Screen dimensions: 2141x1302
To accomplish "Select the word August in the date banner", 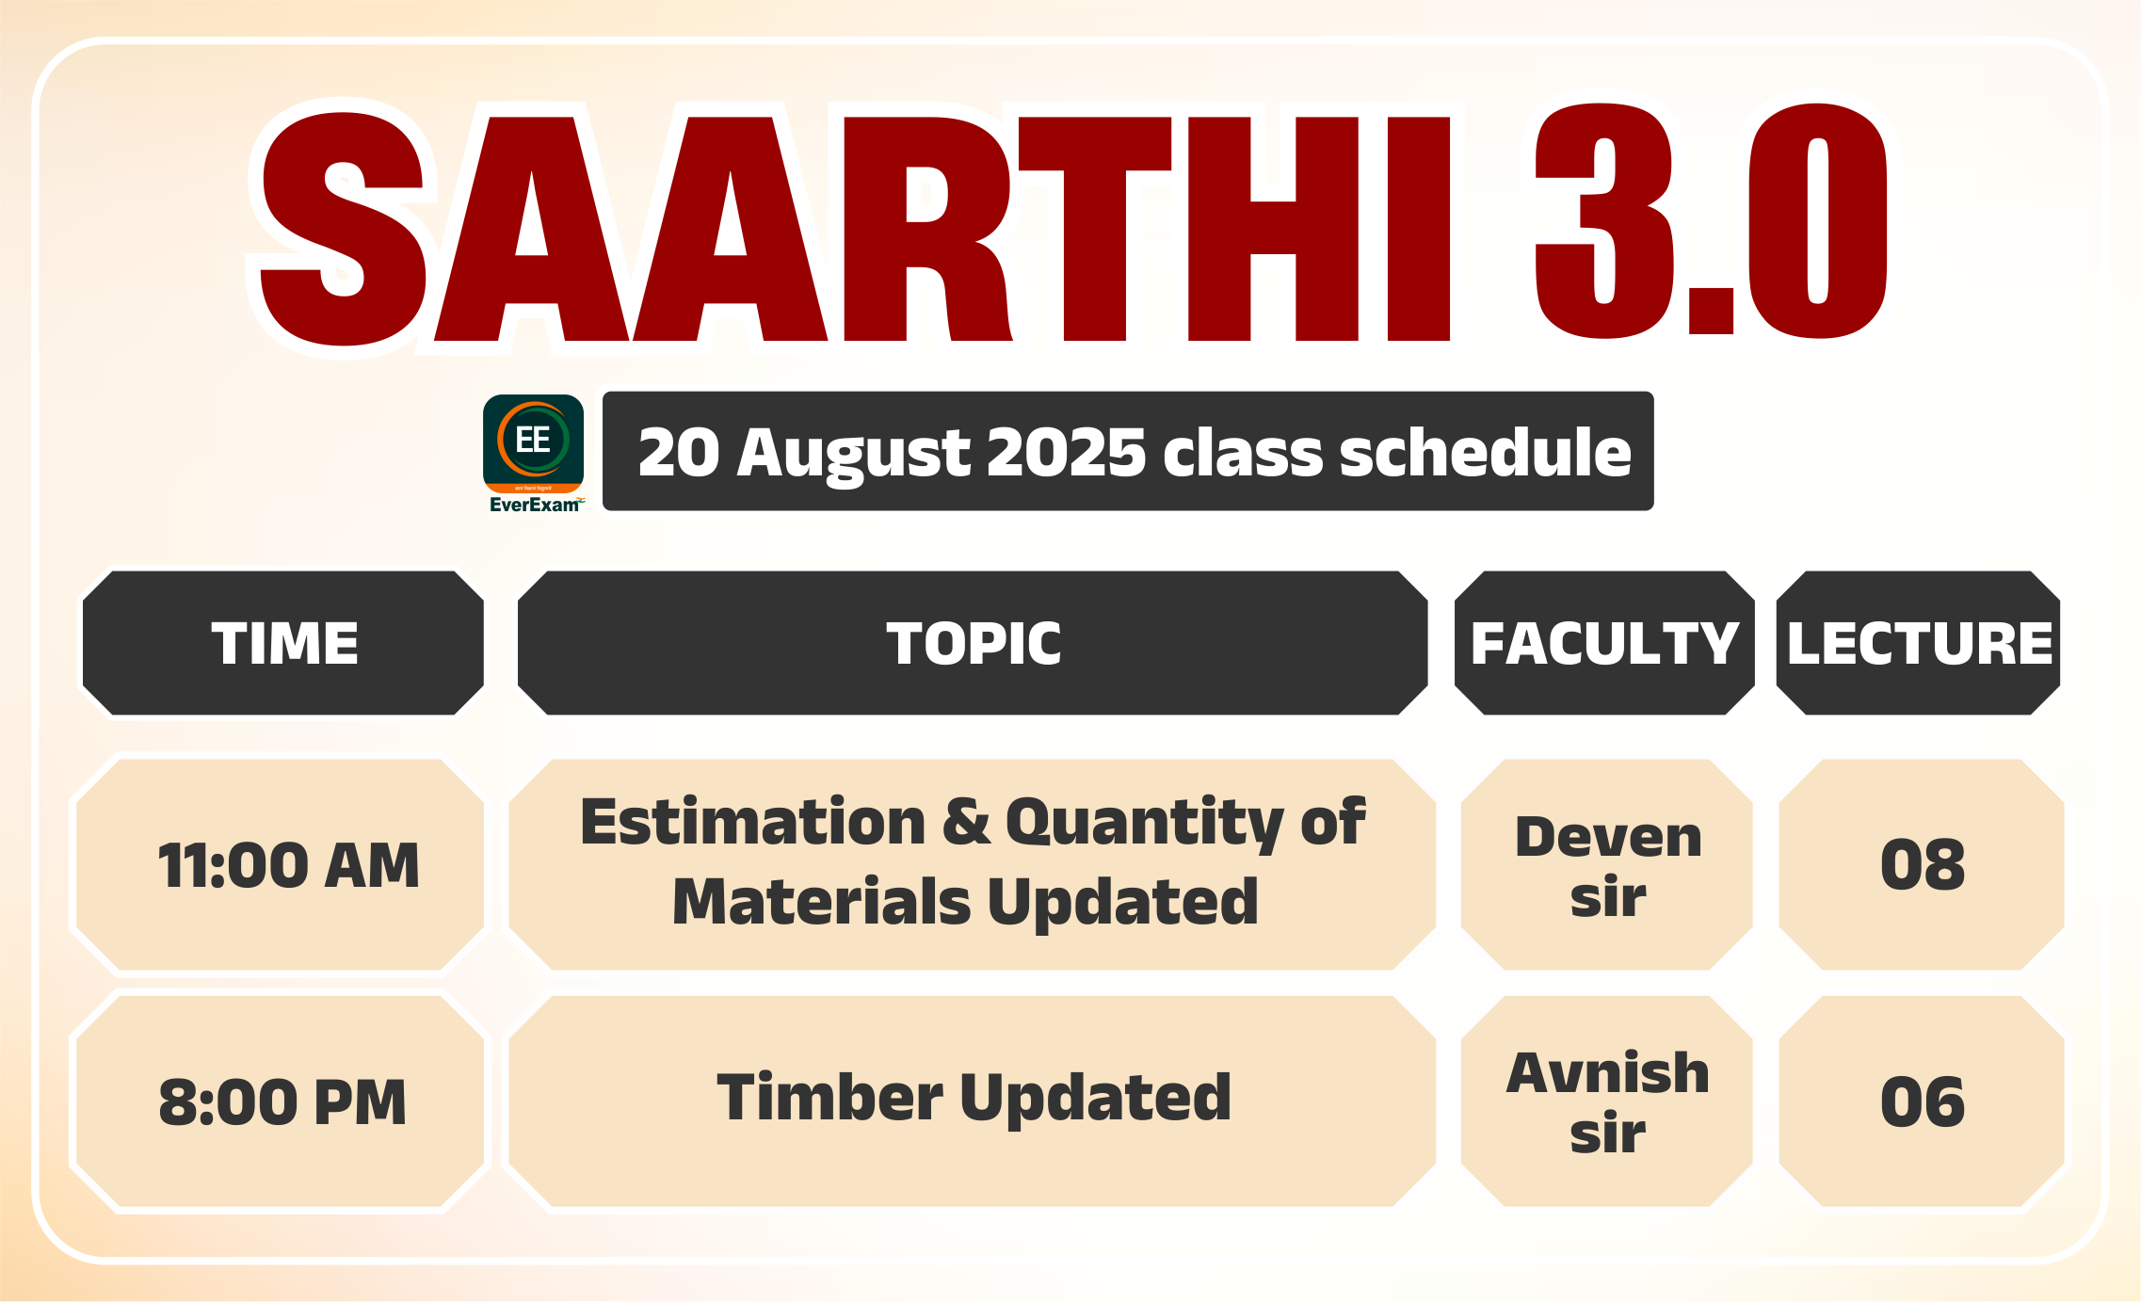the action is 853,455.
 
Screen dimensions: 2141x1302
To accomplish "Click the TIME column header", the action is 283,643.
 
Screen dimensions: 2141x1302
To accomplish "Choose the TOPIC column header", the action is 973,643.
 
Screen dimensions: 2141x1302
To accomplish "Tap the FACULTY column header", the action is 1604,643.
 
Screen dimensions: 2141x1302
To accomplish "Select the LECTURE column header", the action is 1918,643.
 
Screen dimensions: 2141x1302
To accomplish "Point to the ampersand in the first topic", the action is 966,821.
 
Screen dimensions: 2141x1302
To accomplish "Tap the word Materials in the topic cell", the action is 821,902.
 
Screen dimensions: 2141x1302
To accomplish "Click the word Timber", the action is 829,1097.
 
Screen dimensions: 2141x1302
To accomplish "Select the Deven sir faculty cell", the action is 1607,864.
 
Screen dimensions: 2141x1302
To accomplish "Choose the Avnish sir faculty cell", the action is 1607,1101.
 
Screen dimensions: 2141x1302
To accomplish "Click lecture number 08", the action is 1922,864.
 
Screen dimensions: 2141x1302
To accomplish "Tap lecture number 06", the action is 1922,1101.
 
